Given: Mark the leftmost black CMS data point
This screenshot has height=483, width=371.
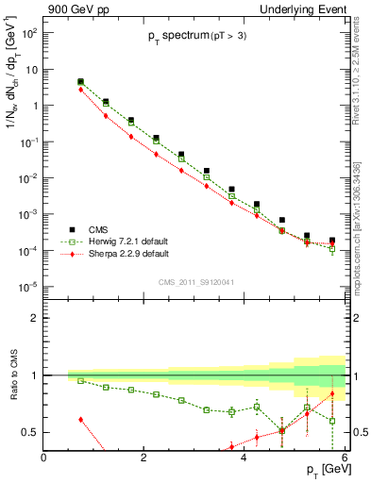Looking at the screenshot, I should coord(80,82).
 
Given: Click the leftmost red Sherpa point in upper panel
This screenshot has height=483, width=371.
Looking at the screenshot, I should coord(80,90).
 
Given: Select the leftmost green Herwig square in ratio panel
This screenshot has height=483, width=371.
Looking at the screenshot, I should coord(80,381).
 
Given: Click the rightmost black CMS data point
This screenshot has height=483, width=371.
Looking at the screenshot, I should coord(332,241).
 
